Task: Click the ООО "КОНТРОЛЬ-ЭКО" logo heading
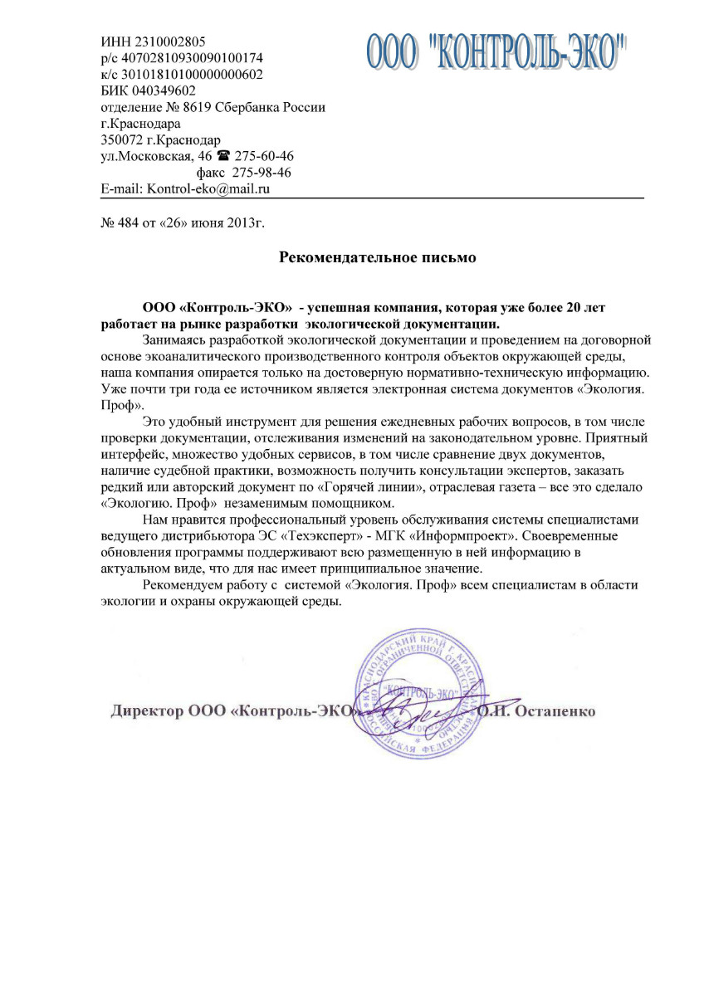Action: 496,51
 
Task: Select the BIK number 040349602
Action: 169,90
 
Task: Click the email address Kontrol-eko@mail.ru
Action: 209,189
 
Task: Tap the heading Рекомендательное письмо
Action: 377,257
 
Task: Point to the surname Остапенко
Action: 555,712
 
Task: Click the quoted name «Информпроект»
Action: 460,535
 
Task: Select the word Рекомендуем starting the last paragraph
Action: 183,585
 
